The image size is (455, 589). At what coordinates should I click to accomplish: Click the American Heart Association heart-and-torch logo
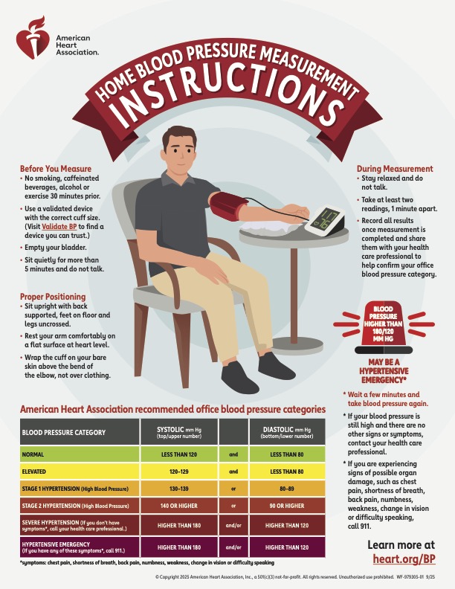click(33, 38)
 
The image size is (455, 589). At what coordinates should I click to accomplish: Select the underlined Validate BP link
click(59, 227)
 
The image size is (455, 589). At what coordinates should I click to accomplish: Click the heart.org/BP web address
click(404, 559)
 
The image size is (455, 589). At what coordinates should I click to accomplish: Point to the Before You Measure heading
click(56, 169)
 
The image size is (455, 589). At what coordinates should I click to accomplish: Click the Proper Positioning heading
click(53, 297)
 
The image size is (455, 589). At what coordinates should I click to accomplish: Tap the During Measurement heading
click(395, 169)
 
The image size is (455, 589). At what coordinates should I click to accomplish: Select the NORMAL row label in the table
click(33, 454)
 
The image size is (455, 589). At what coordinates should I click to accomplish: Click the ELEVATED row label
click(33, 471)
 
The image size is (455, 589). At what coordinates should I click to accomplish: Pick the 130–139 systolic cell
click(179, 489)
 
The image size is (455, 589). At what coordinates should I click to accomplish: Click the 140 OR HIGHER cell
click(179, 506)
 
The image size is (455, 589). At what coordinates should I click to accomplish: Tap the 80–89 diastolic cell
click(287, 489)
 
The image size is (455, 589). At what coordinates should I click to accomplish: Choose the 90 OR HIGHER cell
click(287, 506)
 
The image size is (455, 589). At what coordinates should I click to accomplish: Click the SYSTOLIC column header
click(179, 432)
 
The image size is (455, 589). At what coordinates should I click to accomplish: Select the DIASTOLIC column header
click(287, 432)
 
